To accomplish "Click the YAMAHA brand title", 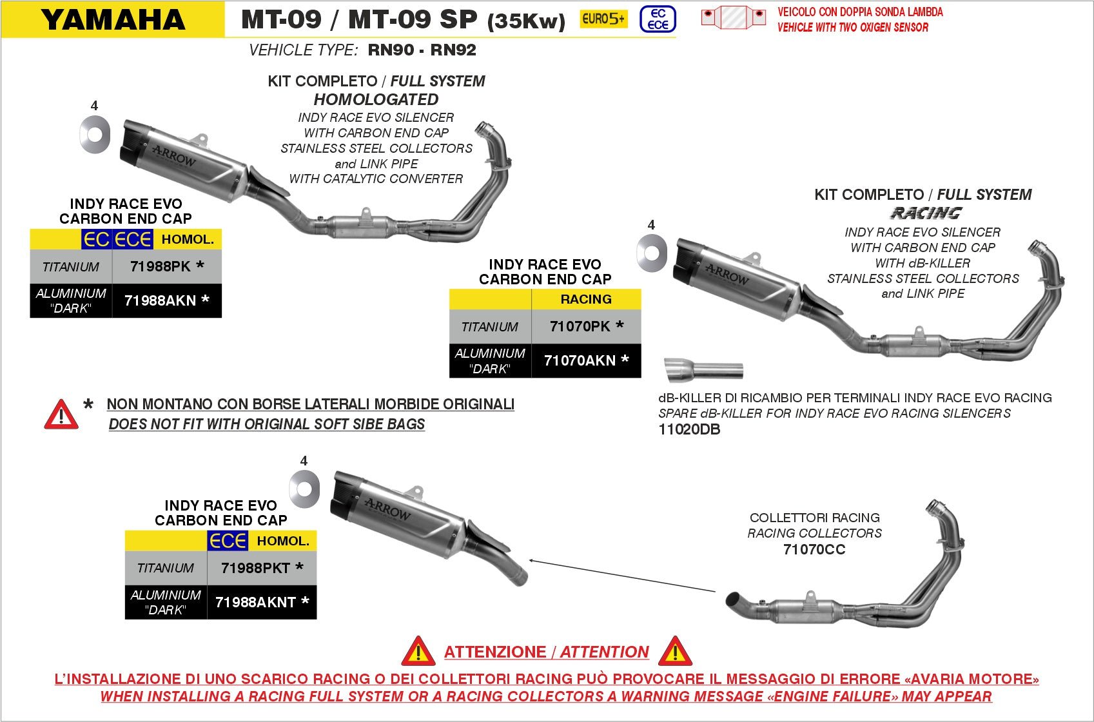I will pos(113,19).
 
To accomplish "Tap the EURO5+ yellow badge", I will pos(603,19).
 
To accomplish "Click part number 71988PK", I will pos(161,266).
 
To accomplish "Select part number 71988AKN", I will pos(161,300).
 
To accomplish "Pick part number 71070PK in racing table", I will pos(580,326).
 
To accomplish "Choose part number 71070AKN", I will pos(580,360).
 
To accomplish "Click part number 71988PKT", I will pos(255,568).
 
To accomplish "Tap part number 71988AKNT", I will pos(255,602).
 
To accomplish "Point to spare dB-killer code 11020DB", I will pos(689,429).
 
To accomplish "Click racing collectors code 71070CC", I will pos(814,549).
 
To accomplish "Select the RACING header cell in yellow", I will pos(585,299).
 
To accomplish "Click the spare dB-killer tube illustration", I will pos(703,370).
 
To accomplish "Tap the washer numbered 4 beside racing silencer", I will pos(652,253).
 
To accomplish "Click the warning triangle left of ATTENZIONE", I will pos(418,652).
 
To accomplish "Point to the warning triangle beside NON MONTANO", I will pos(61,415).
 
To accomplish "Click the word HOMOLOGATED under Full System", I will pos(376,100).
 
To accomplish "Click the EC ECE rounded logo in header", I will pos(658,19).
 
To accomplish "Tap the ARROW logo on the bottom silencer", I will pos(387,510).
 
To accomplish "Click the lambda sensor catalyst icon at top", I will pos(734,17).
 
